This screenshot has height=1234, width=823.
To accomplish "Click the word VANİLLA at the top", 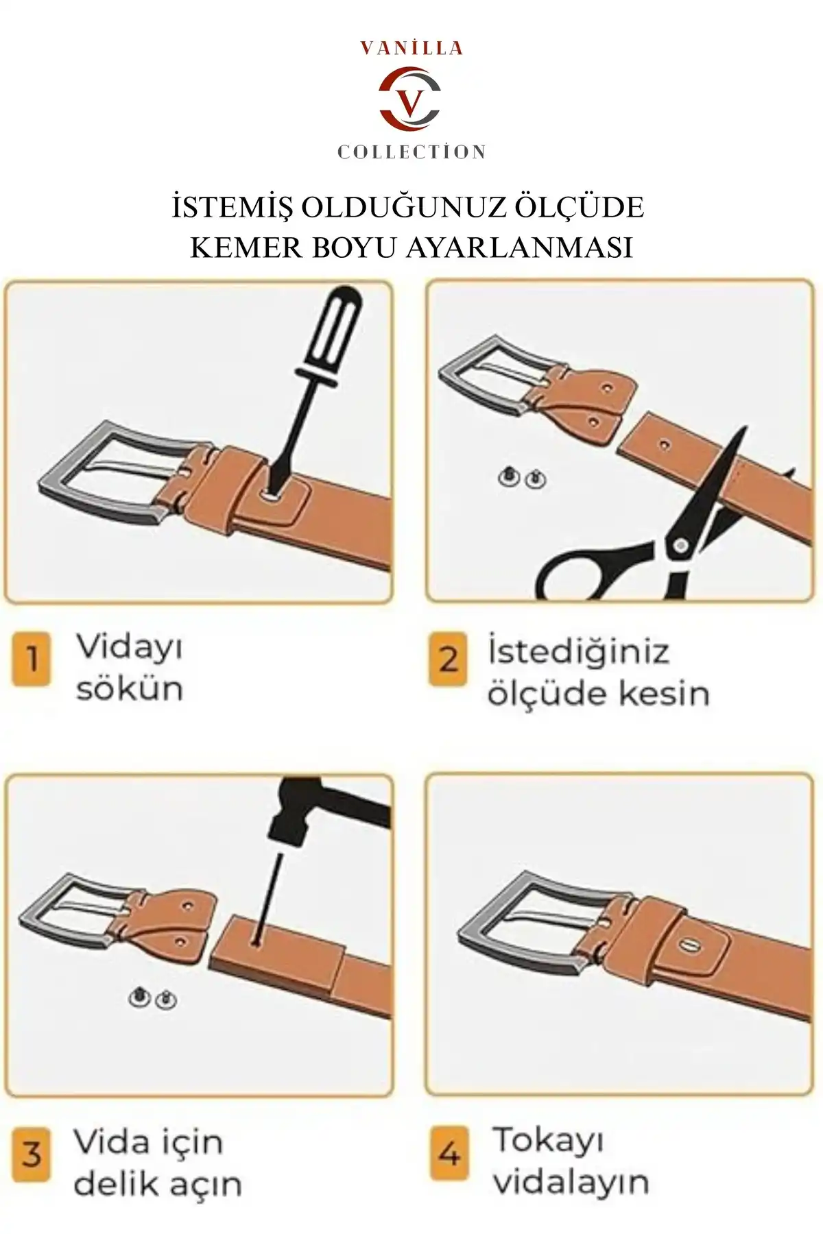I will tap(411, 49).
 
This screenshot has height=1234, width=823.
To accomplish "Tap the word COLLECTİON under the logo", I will tap(411, 152).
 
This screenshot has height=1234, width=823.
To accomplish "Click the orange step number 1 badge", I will tap(31, 660).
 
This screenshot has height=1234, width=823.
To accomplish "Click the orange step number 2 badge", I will tap(448, 660).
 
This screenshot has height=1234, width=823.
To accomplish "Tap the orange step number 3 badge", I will tap(31, 1154).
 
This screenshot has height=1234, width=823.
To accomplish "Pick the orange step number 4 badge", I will tap(449, 1154).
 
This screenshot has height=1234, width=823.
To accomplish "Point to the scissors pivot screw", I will tap(680, 546).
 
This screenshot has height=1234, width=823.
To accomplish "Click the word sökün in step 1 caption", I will tap(130, 689).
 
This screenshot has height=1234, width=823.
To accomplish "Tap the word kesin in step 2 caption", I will tap(663, 694).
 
